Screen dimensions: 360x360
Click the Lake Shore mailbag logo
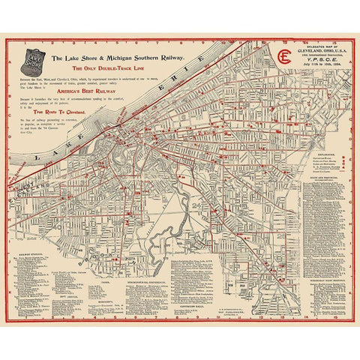31,58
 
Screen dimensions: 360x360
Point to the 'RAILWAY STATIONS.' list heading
31,254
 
